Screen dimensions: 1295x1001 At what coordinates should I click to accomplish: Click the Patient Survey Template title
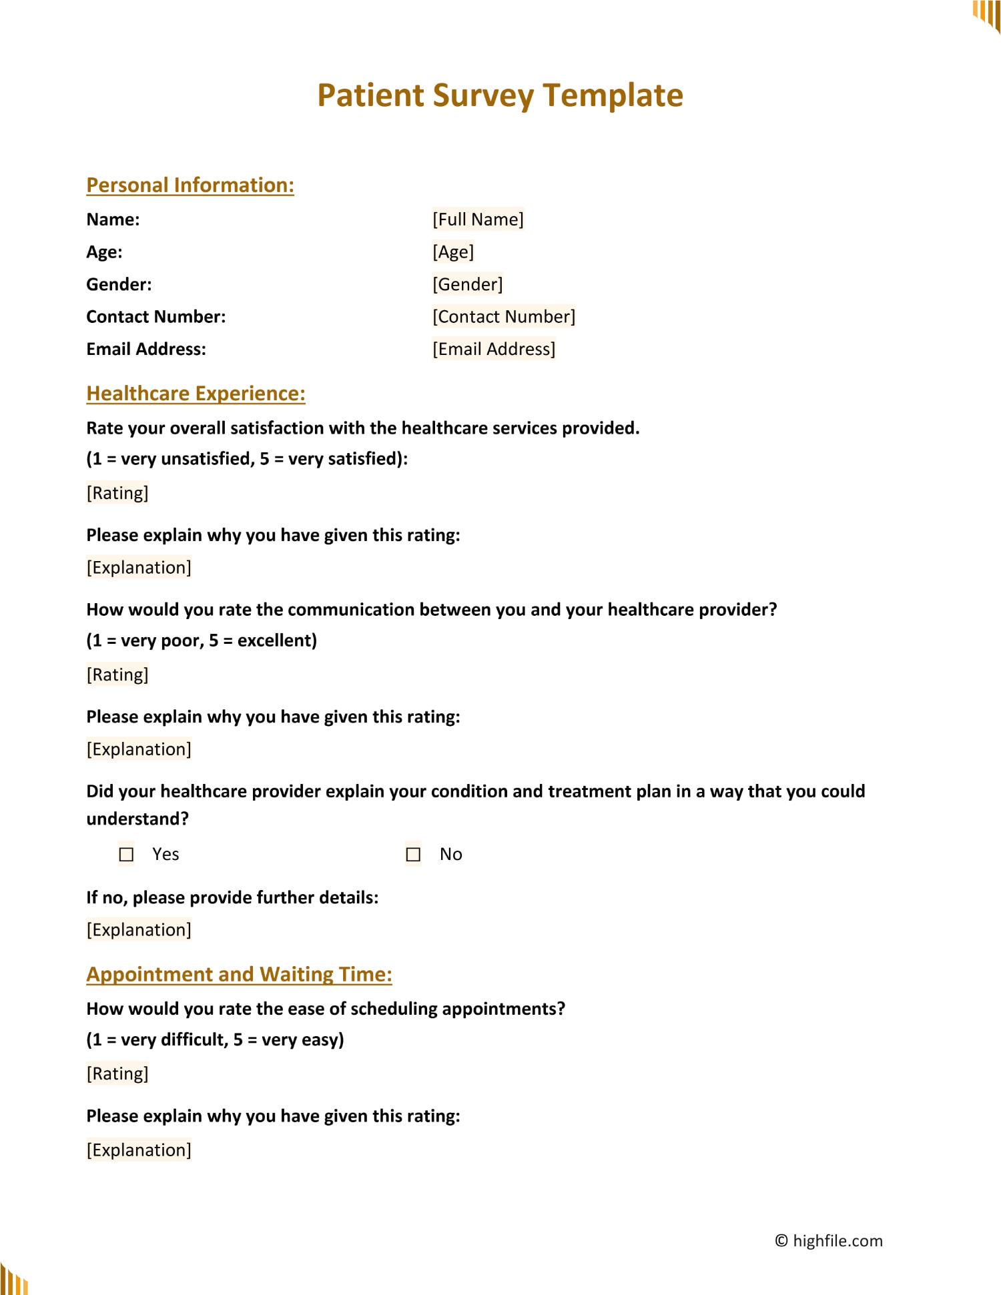click(500, 95)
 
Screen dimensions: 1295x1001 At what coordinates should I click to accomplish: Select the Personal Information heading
click(190, 185)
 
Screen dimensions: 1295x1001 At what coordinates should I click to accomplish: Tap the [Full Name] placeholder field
click(478, 219)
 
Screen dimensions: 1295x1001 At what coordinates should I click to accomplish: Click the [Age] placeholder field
click(453, 252)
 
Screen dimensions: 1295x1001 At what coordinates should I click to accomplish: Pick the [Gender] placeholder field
click(467, 284)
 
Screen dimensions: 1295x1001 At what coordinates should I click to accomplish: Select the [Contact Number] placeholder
click(503, 316)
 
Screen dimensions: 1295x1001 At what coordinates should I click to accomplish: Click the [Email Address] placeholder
click(493, 349)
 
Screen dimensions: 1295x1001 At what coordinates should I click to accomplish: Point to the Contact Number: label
click(155, 316)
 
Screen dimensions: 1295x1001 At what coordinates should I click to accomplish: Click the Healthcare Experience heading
click(196, 394)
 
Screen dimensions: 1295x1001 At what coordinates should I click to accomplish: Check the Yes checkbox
click(126, 854)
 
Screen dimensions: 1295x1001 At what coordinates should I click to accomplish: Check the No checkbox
click(413, 854)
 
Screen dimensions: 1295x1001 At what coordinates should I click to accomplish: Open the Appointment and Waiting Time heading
click(239, 974)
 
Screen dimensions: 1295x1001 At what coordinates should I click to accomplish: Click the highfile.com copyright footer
click(828, 1240)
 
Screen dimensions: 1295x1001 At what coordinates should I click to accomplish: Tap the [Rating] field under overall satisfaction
click(117, 493)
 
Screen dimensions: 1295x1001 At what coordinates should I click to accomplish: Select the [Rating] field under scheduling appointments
click(117, 1073)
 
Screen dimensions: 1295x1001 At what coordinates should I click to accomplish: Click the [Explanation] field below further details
click(139, 929)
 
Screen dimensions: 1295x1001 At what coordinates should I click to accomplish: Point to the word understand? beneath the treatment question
click(137, 819)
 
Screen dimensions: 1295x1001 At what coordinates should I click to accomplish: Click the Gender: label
click(119, 284)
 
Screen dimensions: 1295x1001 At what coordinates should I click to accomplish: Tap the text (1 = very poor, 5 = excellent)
click(202, 640)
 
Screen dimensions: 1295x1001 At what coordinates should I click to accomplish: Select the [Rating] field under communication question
click(117, 675)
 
